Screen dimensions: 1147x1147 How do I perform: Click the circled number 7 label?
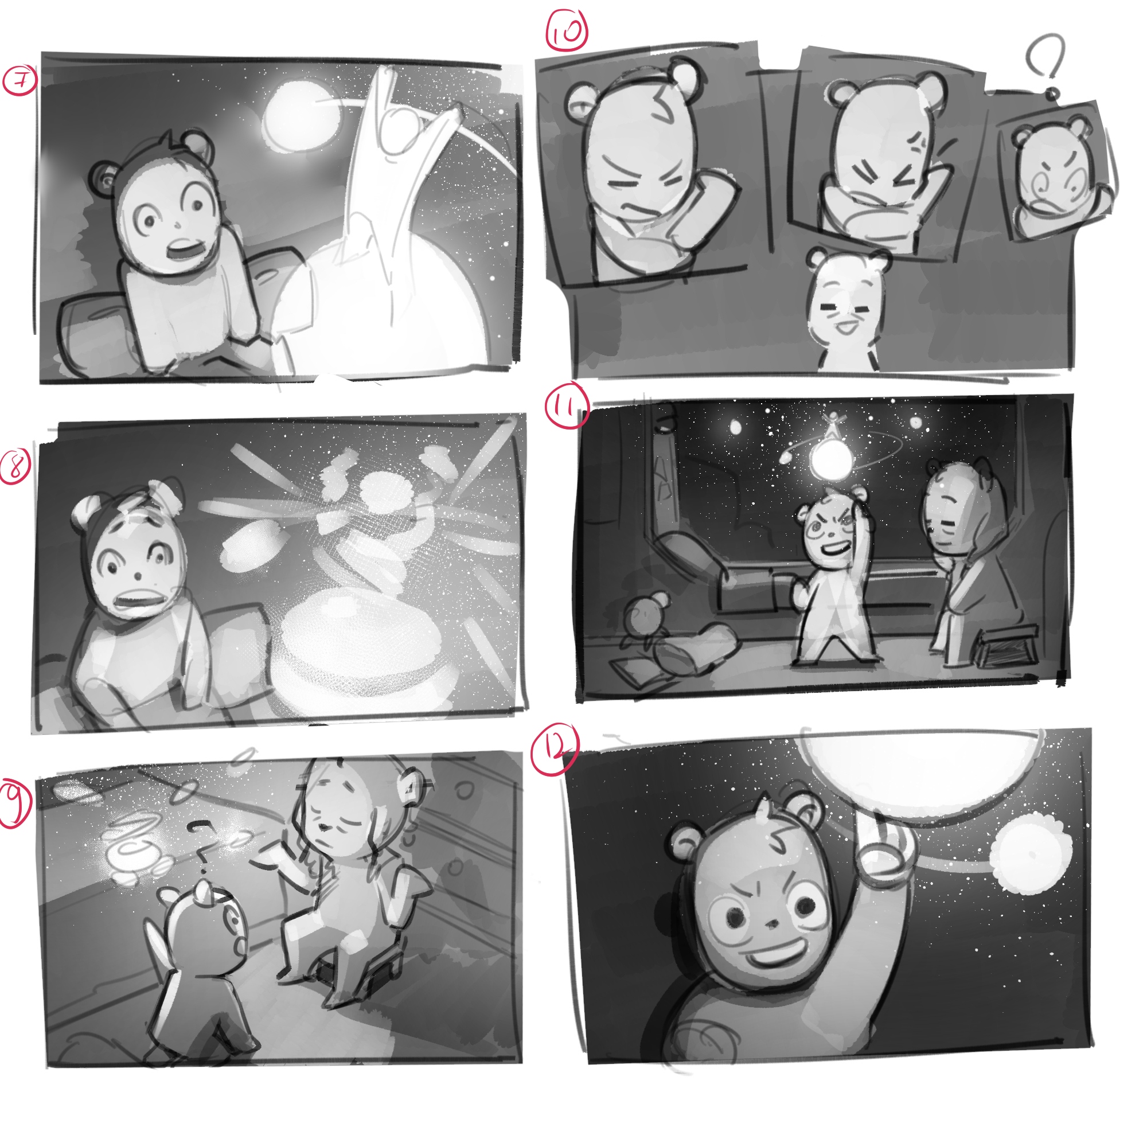pyautogui.click(x=19, y=81)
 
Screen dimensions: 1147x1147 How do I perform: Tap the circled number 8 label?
pyautogui.click(x=16, y=467)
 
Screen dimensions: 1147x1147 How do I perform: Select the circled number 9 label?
pyautogui.click(x=15, y=804)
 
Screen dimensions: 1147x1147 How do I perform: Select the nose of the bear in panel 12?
pyautogui.click(x=771, y=924)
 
